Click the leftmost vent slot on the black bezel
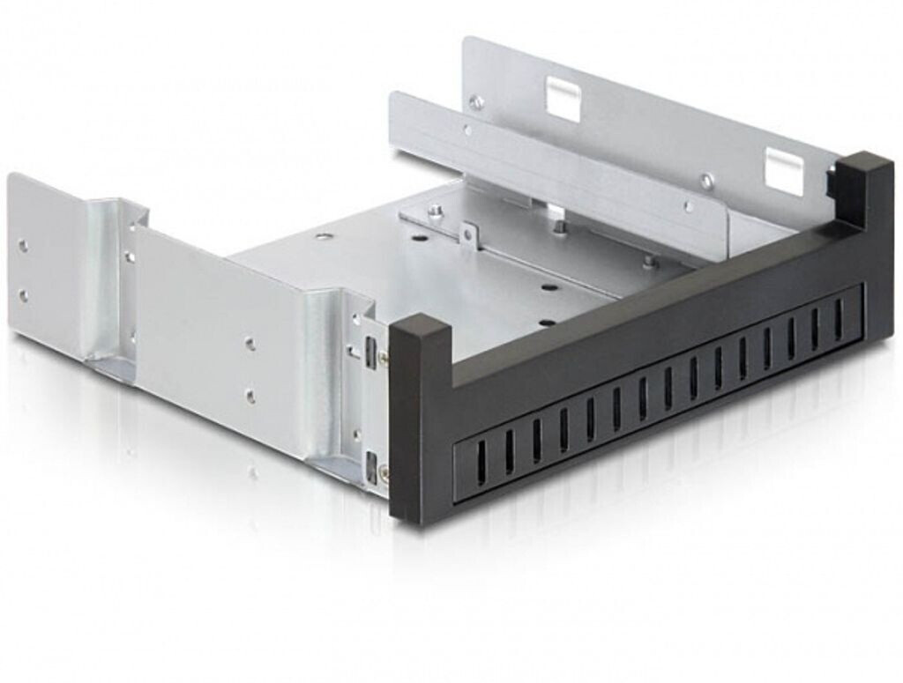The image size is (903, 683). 481,457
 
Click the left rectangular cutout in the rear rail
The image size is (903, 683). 563,99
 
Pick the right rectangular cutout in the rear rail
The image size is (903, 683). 784,171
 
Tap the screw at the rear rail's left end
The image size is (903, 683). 476,102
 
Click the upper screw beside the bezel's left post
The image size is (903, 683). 383,357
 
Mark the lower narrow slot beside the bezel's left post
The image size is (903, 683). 369,464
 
